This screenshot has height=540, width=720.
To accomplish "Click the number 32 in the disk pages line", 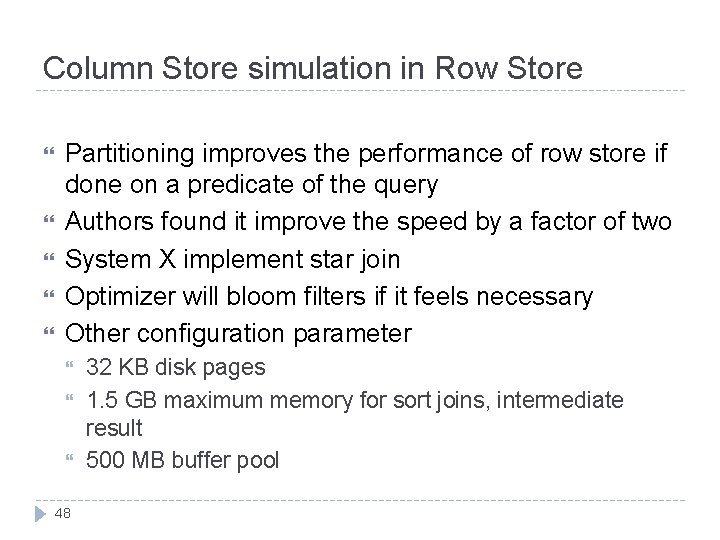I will pos(99,367).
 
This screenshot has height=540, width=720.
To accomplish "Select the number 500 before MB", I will pos(105,460).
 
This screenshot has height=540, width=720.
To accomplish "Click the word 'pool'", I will pos(258,460).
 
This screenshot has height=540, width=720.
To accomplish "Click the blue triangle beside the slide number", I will pos(41,513).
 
